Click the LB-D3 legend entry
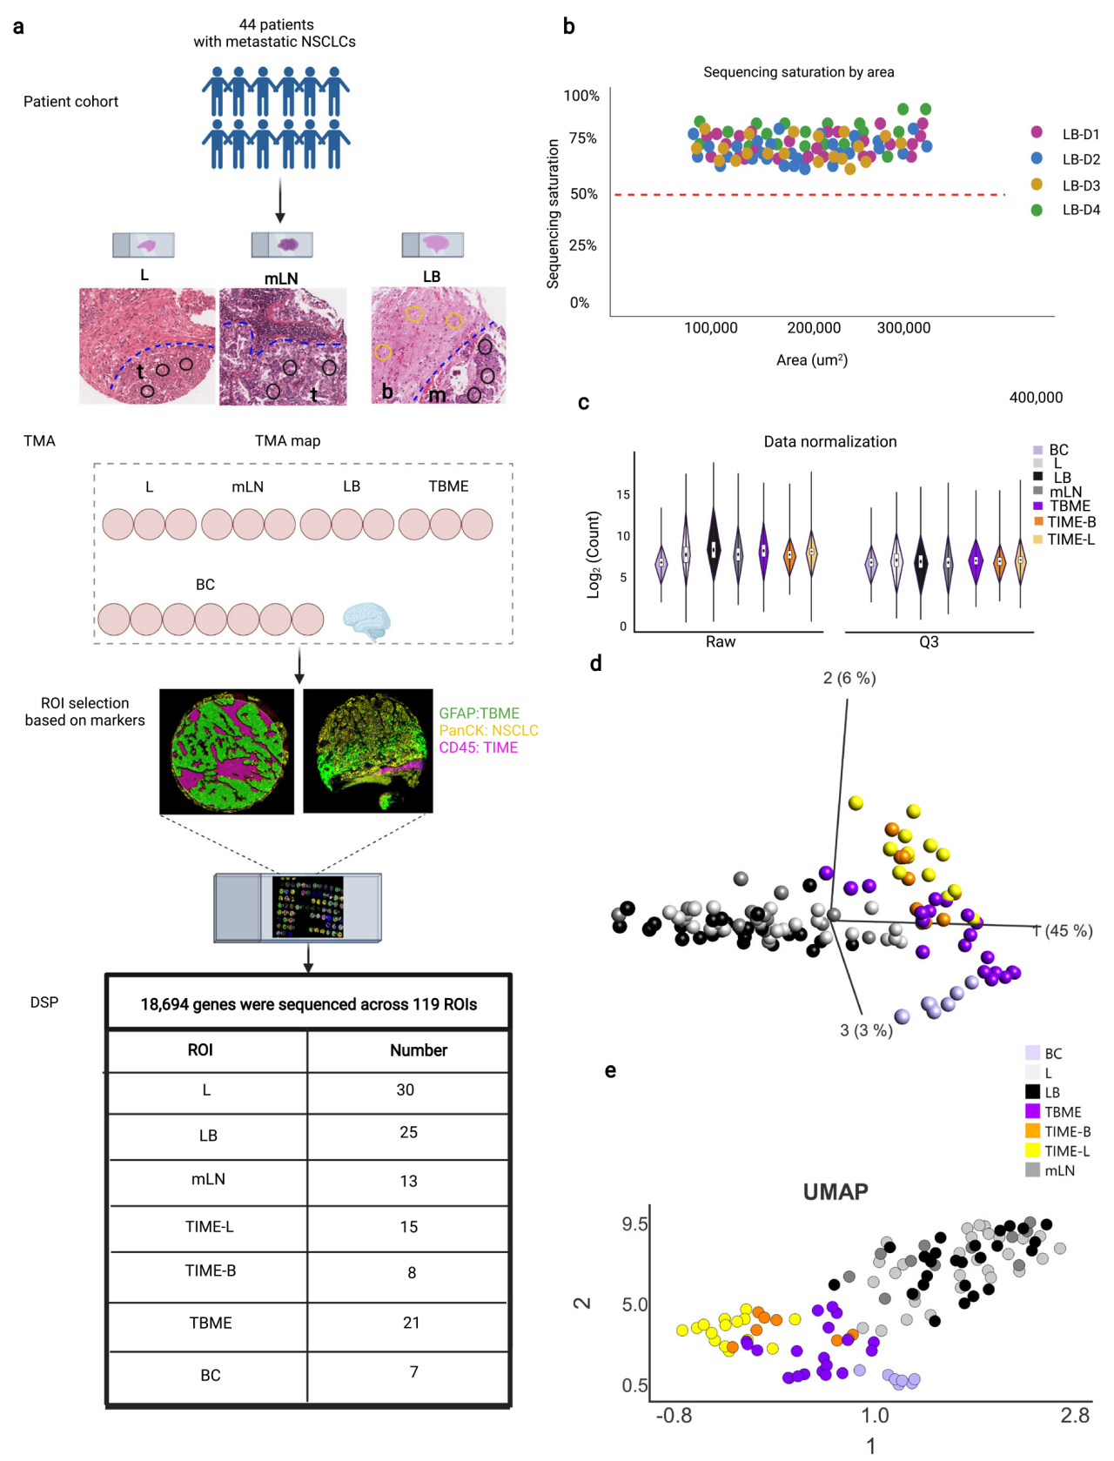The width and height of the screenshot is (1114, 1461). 1080,185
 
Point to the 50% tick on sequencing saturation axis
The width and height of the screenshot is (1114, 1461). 584,194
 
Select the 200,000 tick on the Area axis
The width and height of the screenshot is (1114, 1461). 814,328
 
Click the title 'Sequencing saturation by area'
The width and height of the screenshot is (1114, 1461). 798,72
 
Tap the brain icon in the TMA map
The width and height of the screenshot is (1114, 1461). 366,620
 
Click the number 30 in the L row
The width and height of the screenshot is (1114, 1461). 405,1090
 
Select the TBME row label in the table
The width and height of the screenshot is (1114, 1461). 211,1323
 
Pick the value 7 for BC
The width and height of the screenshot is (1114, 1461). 413,1372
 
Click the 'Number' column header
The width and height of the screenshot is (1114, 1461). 418,1050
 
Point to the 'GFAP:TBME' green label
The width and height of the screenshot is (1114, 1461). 479,714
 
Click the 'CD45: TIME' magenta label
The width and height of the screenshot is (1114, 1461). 478,747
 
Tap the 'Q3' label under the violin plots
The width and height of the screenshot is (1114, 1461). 929,642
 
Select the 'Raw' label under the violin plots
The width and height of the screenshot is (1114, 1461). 720,642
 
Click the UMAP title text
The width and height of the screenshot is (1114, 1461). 835,1192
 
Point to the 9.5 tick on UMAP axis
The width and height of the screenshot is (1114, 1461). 634,1224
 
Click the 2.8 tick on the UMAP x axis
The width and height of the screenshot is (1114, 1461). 1075,1416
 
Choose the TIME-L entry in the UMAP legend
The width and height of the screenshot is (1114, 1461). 1066,1151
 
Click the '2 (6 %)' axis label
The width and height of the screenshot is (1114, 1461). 849,678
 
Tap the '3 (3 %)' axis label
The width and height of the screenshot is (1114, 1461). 866,1030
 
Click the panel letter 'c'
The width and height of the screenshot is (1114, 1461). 583,403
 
